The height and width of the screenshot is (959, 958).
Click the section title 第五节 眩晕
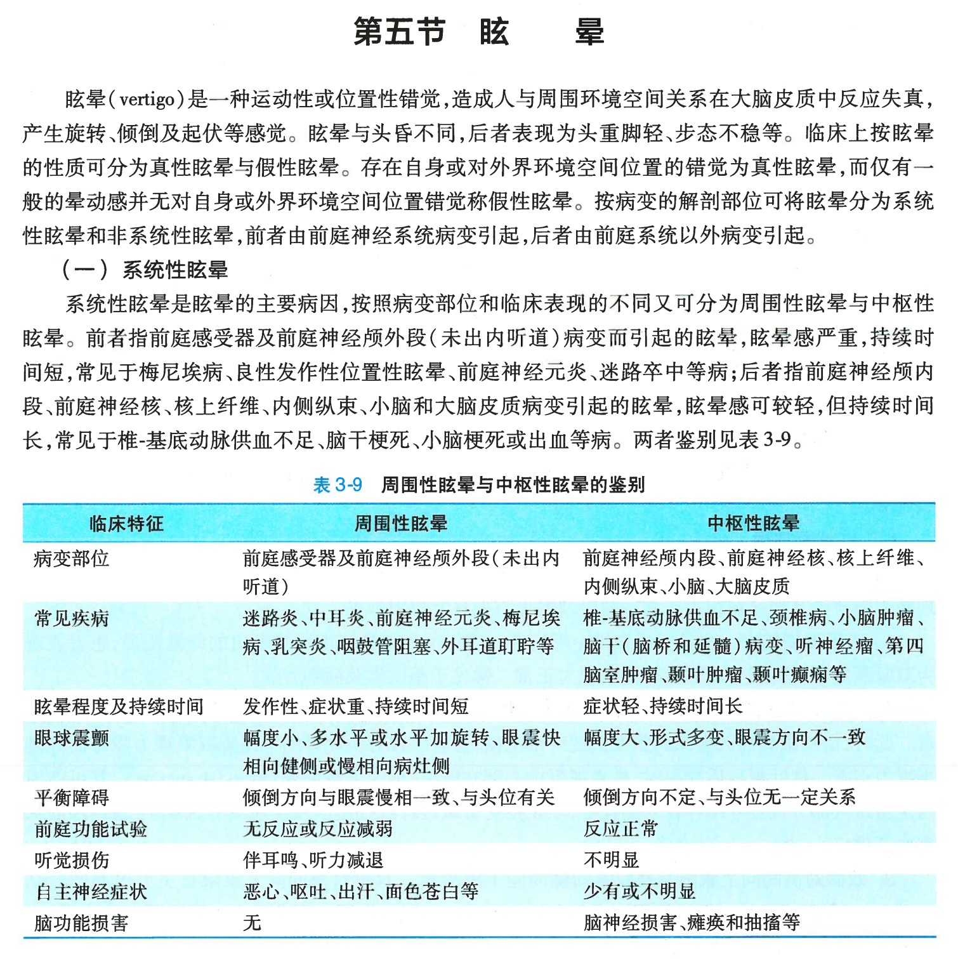point(478,32)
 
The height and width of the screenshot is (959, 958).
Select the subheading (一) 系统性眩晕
point(145,270)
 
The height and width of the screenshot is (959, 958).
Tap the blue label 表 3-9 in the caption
point(338,486)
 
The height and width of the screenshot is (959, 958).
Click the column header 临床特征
point(126,524)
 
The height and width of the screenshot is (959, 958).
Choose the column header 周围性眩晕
point(400,524)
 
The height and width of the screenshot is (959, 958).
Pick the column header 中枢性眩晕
point(753,524)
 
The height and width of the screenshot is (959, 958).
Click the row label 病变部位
point(72,559)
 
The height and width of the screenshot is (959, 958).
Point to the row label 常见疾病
point(72,618)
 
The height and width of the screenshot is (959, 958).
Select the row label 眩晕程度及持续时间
point(119,706)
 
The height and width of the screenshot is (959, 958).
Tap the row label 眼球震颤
point(72,738)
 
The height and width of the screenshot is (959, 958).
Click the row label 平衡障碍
point(72,798)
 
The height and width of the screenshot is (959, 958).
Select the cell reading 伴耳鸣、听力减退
point(313,861)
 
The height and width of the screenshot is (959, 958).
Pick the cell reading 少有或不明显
point(639,892)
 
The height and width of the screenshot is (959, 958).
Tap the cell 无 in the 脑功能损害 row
point(252,923)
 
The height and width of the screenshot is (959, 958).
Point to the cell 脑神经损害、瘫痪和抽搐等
point(692,923)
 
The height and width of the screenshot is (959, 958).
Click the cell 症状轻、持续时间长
point(662,706)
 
